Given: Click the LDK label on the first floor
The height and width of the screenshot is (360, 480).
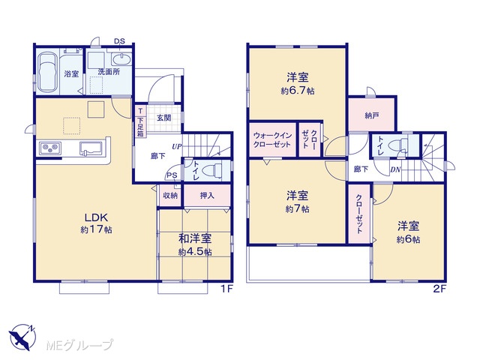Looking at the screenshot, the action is click(x=96, y=217).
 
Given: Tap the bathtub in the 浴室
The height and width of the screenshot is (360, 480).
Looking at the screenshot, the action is click(x=47, y=72).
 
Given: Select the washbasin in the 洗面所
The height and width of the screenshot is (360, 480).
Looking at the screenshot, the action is click(x=121, y=58).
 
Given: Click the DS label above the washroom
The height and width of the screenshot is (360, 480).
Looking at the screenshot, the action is click(x=119, y=41).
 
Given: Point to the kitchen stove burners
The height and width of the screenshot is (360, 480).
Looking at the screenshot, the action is click(x=50, y=148).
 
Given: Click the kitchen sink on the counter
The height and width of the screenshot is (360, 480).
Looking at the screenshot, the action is click(x=91, y=148).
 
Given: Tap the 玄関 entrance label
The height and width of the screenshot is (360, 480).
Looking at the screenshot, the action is click(x=164, y=118).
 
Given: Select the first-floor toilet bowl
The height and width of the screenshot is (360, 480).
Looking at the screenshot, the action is click(x=213, y=170).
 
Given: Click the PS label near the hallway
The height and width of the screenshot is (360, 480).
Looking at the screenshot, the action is click(x=172, y=175).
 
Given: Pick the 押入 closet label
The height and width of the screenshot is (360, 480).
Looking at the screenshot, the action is click(x=207, y=195).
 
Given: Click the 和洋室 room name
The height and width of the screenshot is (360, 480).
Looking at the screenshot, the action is click(x=195, y=238).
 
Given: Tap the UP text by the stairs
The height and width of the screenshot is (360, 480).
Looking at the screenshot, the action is click(x=177, y=147).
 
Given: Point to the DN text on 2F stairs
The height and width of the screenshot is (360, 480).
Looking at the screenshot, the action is click(x=395, y=169).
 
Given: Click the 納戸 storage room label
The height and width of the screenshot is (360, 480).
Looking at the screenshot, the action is click(x=372, y=115).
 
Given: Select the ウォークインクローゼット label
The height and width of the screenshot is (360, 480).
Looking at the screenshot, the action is click(x=272, y=140).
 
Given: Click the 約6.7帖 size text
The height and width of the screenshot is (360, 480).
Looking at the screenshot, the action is click(x=298, y=91).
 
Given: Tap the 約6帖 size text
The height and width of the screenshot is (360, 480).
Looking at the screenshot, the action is click(x=408, y=240).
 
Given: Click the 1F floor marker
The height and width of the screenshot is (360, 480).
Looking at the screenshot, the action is click(x=226, y=289).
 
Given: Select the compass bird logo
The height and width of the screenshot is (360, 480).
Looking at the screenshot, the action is click(x=22, y=337).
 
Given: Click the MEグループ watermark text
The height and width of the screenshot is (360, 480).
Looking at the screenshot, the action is click(x=79, y=345).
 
